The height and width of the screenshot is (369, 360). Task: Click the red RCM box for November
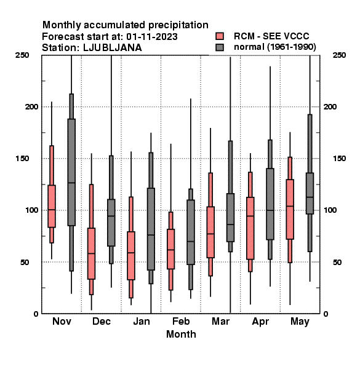[52, 206]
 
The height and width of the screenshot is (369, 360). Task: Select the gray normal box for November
[71, 172]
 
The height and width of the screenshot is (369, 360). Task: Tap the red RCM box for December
[91, 253]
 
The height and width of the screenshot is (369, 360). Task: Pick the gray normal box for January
[151, 229]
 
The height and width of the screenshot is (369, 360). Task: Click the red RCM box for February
[170, 248]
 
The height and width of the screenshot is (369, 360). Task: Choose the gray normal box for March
[230, 218]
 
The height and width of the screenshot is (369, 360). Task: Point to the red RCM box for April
[250, 228]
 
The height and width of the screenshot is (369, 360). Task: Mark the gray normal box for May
[310, 193]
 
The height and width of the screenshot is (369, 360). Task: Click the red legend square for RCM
[220, 36]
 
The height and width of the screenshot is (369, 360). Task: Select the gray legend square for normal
[220, 47]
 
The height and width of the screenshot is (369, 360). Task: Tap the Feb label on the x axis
[181, 321]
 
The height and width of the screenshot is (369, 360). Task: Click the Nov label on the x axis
[62, 321]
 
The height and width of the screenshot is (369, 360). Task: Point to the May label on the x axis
[300, 322]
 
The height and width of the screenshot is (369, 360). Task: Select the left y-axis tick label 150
[22, 159]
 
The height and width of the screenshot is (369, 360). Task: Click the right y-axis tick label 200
[330, 107]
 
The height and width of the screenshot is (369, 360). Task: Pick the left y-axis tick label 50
[25, 262]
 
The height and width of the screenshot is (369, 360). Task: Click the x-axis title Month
[181, 334]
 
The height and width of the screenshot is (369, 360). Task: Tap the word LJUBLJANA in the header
[113, 48]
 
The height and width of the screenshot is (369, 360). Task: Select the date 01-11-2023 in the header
[152, 37]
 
